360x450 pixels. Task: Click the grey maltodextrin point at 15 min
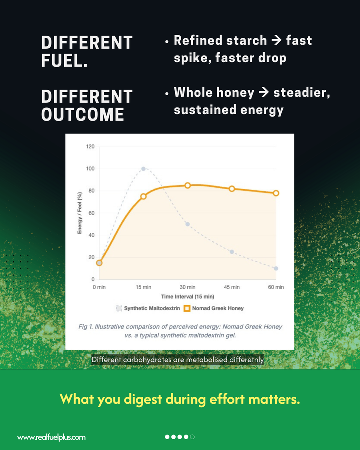point(143,169)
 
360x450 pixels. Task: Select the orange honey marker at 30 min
point(188,185)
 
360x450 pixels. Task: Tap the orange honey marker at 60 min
point(276,193)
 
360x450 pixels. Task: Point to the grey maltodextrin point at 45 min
point(232,252)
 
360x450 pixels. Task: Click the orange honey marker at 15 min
point(143,196)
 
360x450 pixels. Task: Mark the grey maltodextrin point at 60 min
point(276,268)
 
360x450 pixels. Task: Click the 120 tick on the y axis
point(90,147)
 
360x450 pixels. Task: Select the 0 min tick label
point(99,287)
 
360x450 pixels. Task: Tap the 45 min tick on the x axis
point(232,287)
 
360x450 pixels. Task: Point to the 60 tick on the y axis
point(91,213)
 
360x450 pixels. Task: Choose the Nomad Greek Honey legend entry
point(215,308)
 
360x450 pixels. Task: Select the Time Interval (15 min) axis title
point(187,297)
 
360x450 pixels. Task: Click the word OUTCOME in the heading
point(82,115)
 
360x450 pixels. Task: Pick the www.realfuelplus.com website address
point(51,437)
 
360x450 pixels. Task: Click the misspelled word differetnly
point(246,359)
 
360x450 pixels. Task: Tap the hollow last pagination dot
point(192,437)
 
